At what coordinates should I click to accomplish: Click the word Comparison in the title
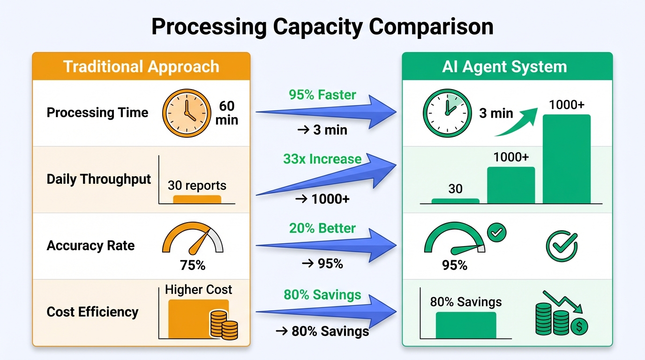(431, 27)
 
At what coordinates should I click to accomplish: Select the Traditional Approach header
(141, 67)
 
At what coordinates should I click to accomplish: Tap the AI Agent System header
(504, 67)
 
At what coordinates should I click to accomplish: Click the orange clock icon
(186, 113)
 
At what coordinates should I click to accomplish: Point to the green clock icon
(446, 113)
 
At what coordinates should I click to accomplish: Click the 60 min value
(227, 113)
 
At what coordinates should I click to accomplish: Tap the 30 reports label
(197, 186)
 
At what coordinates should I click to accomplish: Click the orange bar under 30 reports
(197, 199)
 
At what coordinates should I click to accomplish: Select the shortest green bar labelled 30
(455, 201)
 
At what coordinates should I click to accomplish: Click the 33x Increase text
(322, 159)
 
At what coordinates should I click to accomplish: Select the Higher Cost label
(199, 290)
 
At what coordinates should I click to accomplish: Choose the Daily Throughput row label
(99, 179)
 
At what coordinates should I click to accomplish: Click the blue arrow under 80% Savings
(328, 311)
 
